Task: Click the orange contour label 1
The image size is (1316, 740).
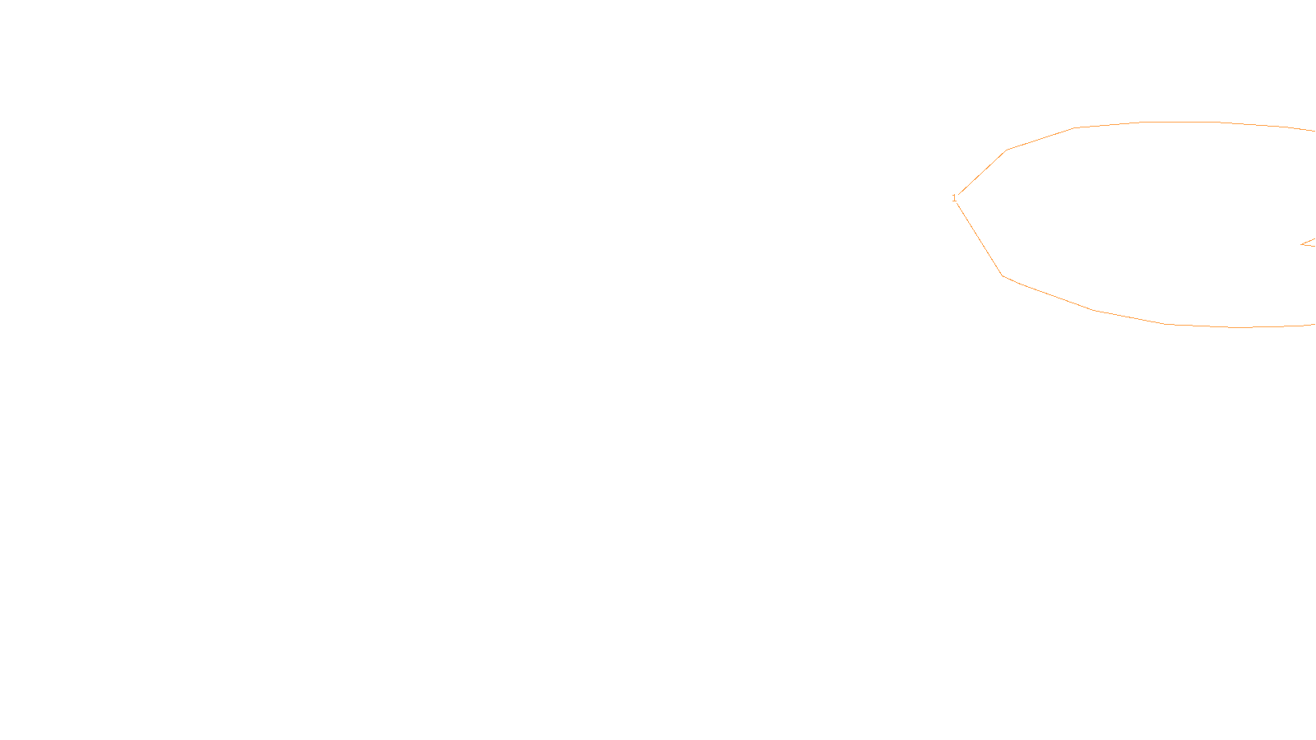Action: tap(954, 198)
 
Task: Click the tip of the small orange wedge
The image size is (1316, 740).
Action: tap(1301, 244)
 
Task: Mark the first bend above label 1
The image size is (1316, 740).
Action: tap(1007, 150)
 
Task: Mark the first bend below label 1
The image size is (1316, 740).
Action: tap(1003, 275)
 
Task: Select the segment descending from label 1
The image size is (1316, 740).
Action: tap(979, 238)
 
